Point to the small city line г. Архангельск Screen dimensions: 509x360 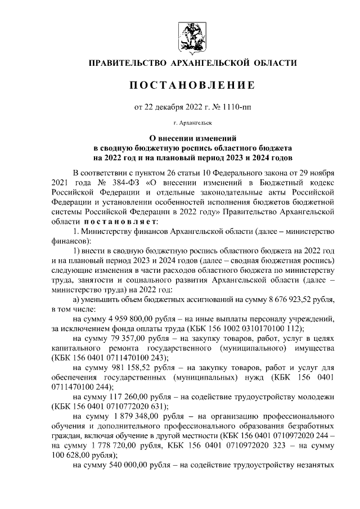click(x=193, y=121)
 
